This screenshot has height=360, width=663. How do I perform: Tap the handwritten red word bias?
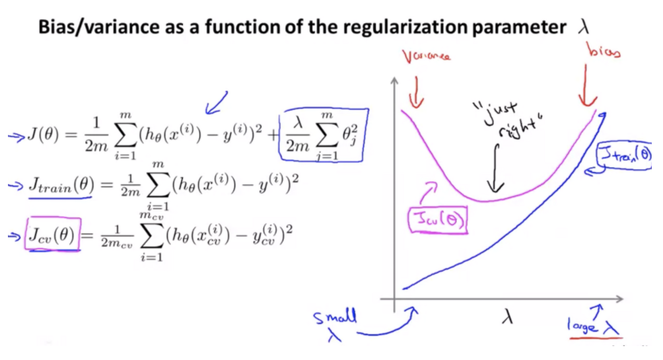(x=604, y=53)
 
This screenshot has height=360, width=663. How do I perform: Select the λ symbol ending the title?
(x=582, y=28)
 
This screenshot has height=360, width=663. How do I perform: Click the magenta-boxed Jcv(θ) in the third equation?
(x=52, y=235)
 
